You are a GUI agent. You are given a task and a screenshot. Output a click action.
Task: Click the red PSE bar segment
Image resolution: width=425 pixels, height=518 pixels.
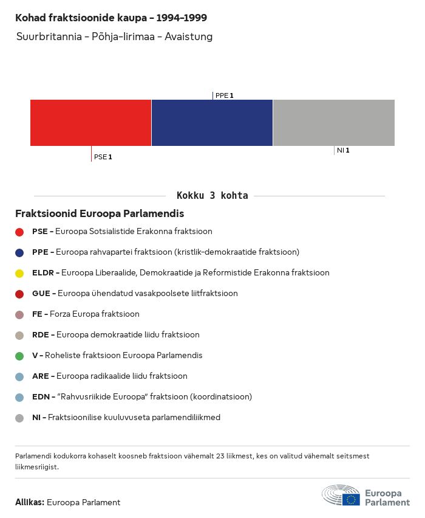coord(90,123)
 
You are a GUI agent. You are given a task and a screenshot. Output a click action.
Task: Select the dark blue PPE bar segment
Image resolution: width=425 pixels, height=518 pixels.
coord(212,123)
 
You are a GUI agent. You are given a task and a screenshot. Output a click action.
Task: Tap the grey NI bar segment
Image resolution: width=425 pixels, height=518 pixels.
coord(334,123)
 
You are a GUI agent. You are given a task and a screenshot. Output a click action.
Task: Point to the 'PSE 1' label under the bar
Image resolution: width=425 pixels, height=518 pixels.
coord(103,157)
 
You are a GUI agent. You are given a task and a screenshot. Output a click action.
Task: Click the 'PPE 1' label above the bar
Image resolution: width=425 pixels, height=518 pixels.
coord(225,95)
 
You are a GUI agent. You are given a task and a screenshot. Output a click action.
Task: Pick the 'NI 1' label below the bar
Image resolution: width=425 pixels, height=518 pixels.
coord(343,150)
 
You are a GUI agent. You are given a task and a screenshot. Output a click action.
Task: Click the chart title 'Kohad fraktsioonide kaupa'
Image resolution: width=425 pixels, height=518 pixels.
coord(81,18)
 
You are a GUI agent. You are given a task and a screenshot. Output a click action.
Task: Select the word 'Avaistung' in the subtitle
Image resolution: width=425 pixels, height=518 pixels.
coord(188,36)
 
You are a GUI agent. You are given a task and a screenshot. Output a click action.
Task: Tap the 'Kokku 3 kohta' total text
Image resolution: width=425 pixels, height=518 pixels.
coord(212,196)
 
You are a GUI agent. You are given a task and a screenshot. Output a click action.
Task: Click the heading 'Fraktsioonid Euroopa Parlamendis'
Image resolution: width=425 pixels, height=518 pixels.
coord(100,213)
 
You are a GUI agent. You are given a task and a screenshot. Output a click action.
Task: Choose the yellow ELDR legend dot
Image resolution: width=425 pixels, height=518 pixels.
coord(19,274)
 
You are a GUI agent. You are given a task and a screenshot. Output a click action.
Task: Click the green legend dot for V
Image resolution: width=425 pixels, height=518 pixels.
coord(19,356)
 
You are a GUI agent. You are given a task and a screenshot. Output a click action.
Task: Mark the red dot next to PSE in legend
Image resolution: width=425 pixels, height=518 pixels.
coord(19,232)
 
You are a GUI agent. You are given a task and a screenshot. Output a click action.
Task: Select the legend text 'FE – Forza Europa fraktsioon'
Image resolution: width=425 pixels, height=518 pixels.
coord(86,314)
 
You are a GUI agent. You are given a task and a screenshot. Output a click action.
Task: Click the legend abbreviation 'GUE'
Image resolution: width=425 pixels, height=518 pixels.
coord(41,294)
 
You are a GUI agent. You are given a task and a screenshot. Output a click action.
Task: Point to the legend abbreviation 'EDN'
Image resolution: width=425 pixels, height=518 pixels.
coord(41,397)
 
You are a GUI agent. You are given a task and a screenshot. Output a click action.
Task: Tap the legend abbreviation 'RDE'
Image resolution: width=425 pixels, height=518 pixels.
coord(41,334)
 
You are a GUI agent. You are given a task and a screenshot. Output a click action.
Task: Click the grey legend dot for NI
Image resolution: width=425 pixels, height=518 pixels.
coord(19,418)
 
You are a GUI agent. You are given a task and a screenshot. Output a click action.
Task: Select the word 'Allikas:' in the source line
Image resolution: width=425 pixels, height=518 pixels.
coord(30,502)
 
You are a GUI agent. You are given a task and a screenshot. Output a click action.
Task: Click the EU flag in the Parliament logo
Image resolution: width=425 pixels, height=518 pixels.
coord(351,500)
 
